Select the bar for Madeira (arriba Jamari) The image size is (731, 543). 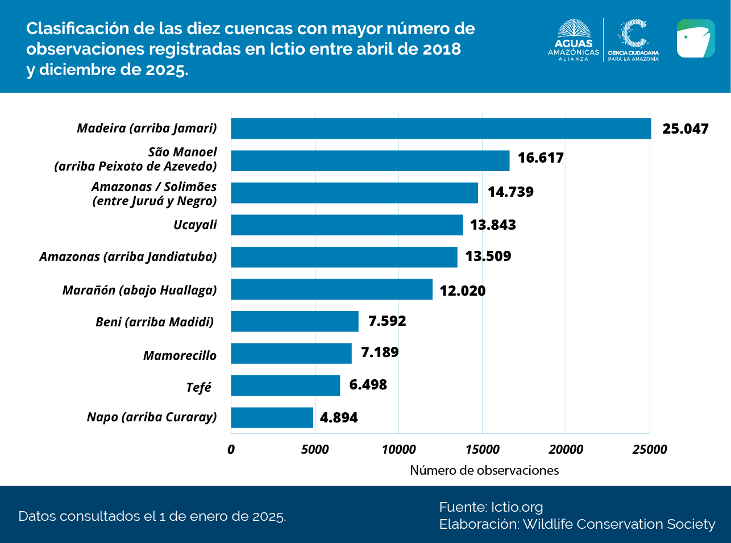click(x=441, y=129)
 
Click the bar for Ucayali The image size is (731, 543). click(x=347, y=225)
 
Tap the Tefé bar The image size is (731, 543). click(x=285, y=386)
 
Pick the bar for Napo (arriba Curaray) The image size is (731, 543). click(x=272, y=417)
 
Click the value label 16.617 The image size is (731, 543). click(x=541, y=158)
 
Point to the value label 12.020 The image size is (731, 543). click(x=463, y=291)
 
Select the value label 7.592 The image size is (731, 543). click(x=387, y=321)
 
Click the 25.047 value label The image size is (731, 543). click(x=686, y=129)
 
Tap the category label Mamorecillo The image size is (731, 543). click(x=180, y=356)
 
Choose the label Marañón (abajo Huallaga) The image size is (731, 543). click(x=139, y=291)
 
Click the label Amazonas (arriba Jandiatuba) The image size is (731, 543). click(x=128, y=257)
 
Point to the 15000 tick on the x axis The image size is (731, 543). click(x=482, y=450)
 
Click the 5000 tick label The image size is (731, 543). click(x=315, y=450)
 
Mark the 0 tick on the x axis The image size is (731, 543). click(x=231, y=450)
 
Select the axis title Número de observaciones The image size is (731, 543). click(x=484, y=471)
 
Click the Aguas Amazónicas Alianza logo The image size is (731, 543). click(x=574, y=40)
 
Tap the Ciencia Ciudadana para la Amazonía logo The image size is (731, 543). click(x=633, y=40)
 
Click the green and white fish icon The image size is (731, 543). click(x=696, y=39)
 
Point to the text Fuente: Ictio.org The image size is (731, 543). click(x=491, y=507)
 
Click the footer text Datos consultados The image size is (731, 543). click(x=152, y=516)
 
